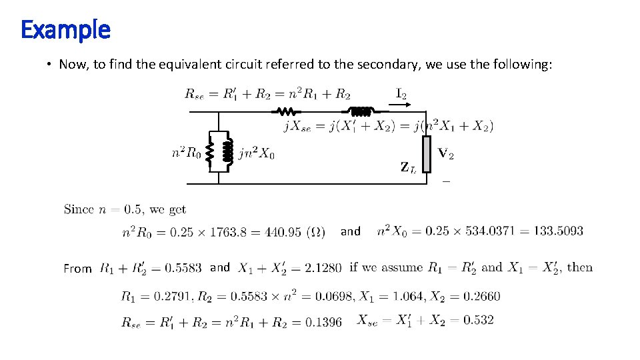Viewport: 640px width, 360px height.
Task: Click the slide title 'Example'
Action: click(65, 29)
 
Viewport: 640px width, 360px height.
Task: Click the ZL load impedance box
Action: click(427, 155)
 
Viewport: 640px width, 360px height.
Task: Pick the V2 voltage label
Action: click(446, 155)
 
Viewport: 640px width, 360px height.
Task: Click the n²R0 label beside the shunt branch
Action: click(186, 153)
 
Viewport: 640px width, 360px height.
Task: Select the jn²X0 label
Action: click(256, 153)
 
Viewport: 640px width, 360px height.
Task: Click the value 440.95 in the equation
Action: click(284, 232)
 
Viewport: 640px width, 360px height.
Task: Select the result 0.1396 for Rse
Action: click(323, 323)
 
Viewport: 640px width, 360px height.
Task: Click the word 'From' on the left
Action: click(78, 269)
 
